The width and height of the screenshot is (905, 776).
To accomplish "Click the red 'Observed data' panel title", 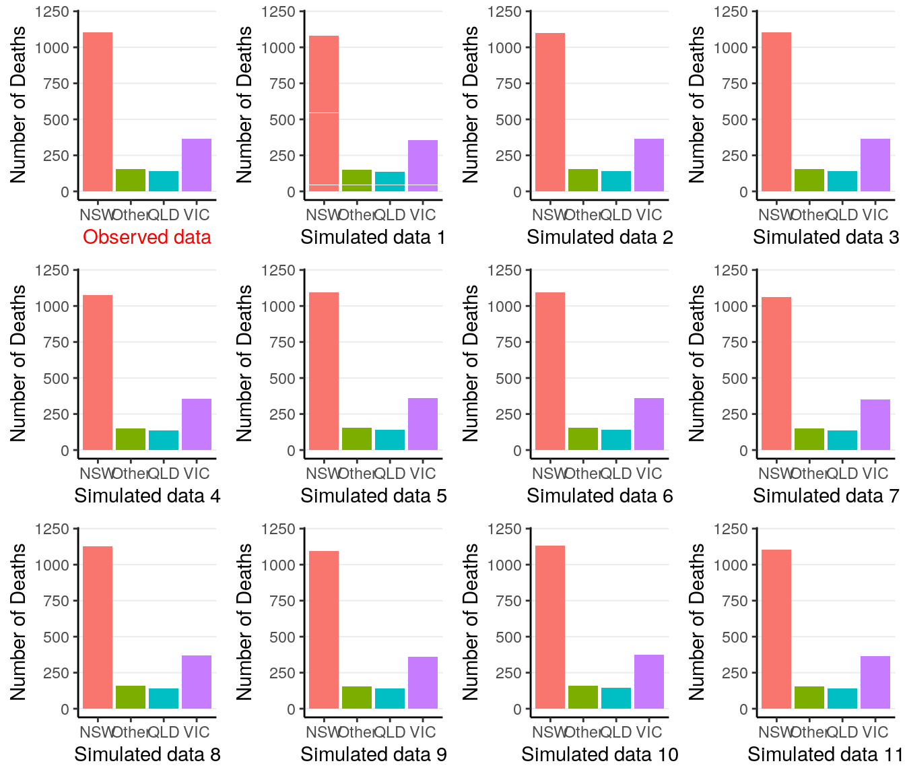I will (147, 237).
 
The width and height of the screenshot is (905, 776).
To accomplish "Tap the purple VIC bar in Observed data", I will (197, 165).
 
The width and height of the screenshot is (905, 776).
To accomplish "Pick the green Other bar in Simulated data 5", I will (357, 439).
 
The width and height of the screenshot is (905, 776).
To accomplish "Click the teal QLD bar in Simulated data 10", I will (616, 698).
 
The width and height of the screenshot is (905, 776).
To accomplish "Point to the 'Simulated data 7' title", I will (826, 496).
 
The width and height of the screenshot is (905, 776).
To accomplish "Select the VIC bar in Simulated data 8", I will (197, 682).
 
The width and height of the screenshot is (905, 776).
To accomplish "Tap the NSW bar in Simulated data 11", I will (776, 629).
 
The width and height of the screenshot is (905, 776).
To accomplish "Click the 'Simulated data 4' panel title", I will (147, 496).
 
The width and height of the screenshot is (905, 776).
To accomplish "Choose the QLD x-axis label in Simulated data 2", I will (615, 215).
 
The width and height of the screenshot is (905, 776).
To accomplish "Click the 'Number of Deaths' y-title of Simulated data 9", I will (244, 621).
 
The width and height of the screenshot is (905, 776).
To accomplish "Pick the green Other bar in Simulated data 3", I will (809, 180).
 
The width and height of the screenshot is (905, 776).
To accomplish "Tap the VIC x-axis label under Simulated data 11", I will (875, 732).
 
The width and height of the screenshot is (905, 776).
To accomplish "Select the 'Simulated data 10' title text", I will (599, 754).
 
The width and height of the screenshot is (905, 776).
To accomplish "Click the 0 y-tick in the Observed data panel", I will (65, 192).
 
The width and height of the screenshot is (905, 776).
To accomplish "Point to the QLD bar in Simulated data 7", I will (842, 440).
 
